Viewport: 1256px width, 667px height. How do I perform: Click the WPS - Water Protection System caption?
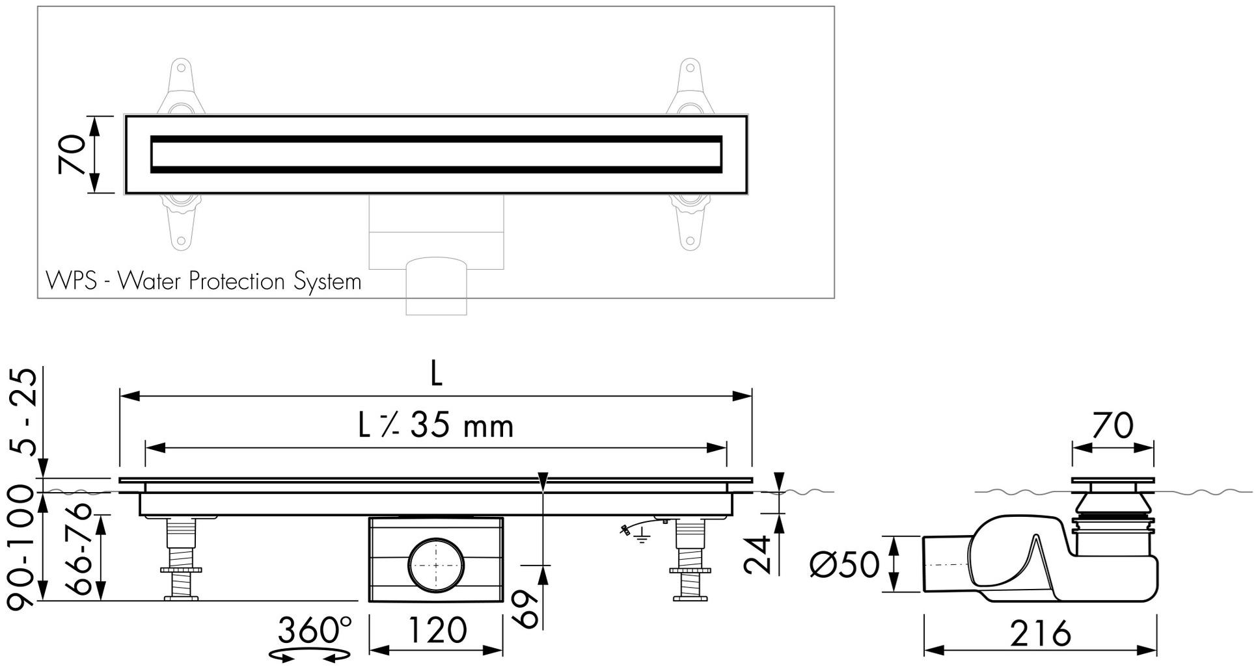point(203,281)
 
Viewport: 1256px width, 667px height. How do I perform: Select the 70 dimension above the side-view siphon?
point(1113,426)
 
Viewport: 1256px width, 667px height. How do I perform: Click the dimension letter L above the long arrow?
point(437,374)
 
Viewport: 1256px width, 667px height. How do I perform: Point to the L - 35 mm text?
point(436,426)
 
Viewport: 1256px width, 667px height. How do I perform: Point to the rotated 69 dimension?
point(526,608)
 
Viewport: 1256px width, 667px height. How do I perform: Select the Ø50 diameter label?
point(844,564)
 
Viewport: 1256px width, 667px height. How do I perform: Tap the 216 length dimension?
point(1041,633)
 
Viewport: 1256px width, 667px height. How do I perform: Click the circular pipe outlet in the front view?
point(436,564)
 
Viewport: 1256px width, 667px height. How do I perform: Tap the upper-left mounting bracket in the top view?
point(181,88)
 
